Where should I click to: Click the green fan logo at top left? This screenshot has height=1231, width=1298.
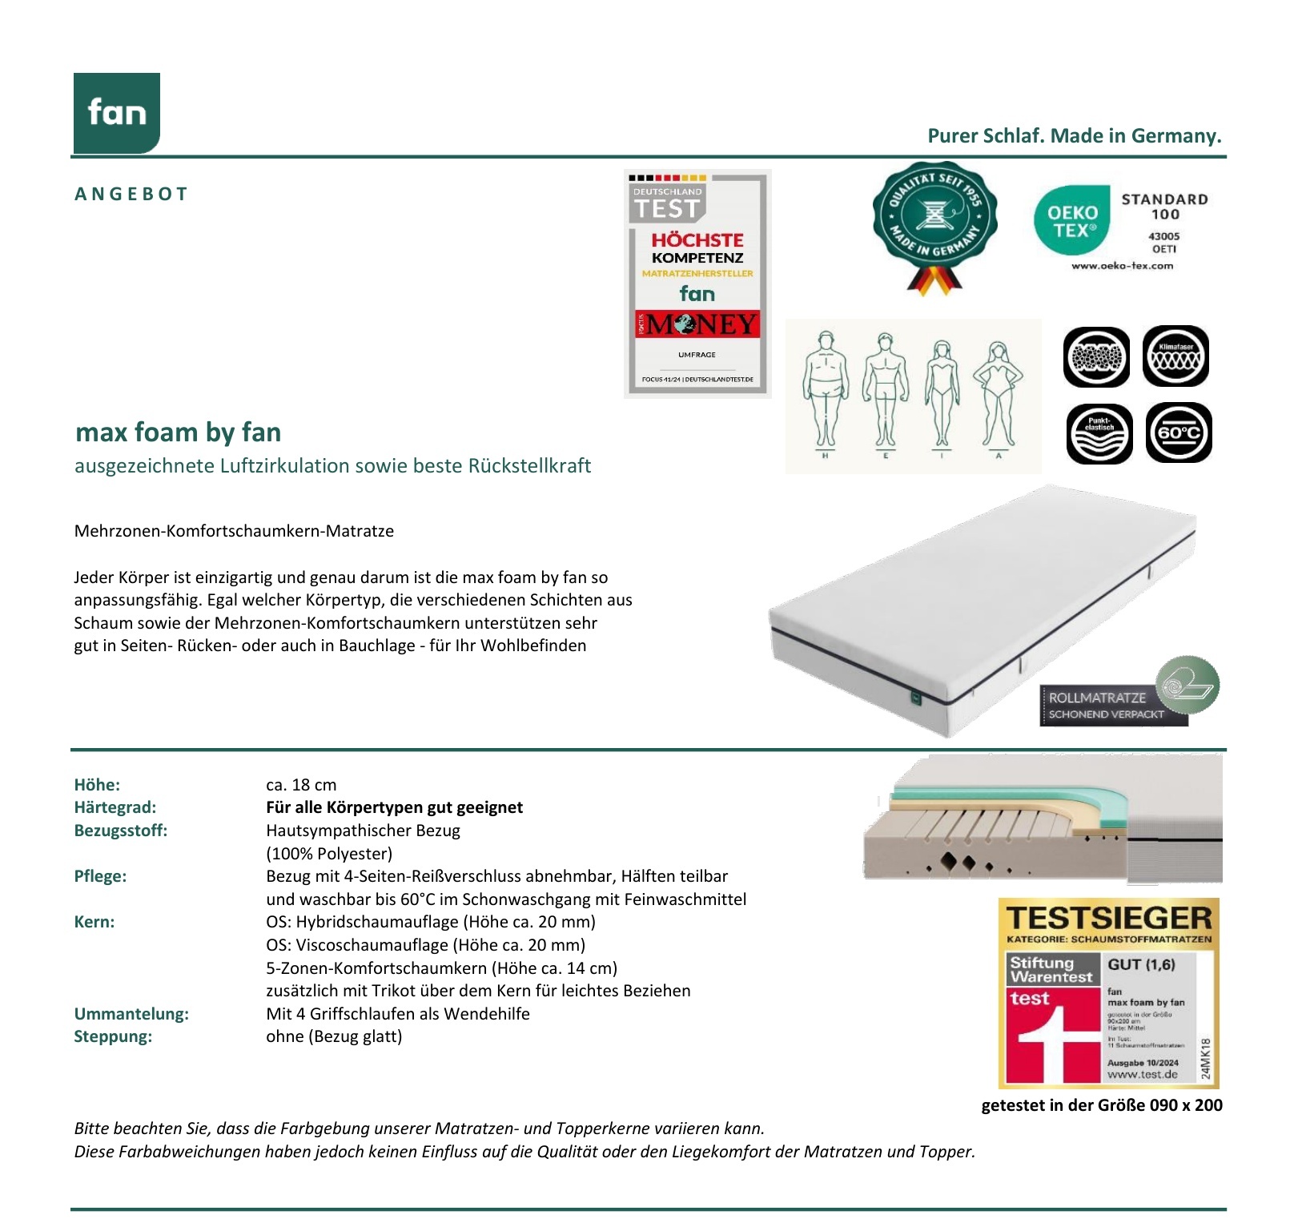coord(117,113)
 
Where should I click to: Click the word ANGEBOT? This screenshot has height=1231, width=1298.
coord(131,194)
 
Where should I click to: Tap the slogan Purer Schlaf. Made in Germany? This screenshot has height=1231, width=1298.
coord(1074,135)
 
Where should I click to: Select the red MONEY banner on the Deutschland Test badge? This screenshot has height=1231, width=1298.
coord(697,324)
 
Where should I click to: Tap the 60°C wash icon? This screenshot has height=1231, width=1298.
coord(1178,433)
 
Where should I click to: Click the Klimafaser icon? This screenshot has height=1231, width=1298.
coord(1175,356)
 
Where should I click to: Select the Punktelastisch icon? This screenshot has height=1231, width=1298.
coord(1099,433)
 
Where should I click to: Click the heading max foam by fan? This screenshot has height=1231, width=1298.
coord(178,432)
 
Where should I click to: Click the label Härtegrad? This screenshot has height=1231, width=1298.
coord(115,807)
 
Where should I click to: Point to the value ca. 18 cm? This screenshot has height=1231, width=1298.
coord(301,785)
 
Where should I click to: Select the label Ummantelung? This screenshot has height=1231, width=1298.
coord(131,1014)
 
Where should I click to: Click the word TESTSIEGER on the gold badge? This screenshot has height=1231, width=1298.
coord(1108,918)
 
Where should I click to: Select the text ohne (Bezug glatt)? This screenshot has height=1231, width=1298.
coord(334,1036)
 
